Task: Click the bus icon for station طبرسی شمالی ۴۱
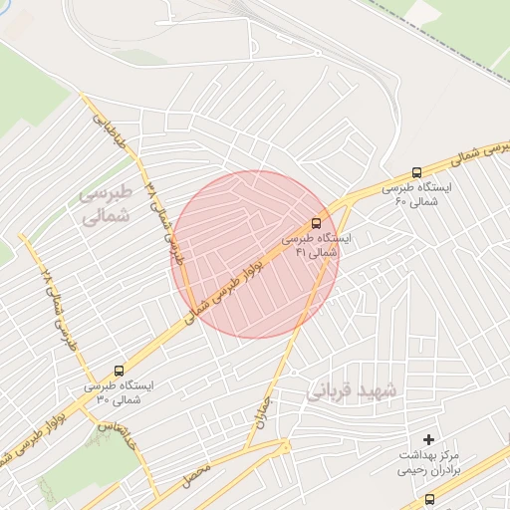(x=317, y=222)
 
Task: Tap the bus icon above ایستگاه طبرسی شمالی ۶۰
(x=416, y=171)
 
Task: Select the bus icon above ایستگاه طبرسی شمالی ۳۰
(x=120, y=370)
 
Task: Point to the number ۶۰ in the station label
(x=400, y=202)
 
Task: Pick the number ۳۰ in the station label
(x=103, y=399)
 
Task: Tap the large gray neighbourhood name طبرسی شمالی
(x=105, y=203)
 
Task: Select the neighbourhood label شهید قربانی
(x=351, y=389)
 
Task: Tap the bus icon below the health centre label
(x=429, y=499)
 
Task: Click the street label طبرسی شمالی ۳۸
(x=161, y=210)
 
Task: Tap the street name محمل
(x=195, y=475)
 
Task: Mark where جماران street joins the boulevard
(x=338, y=207)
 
